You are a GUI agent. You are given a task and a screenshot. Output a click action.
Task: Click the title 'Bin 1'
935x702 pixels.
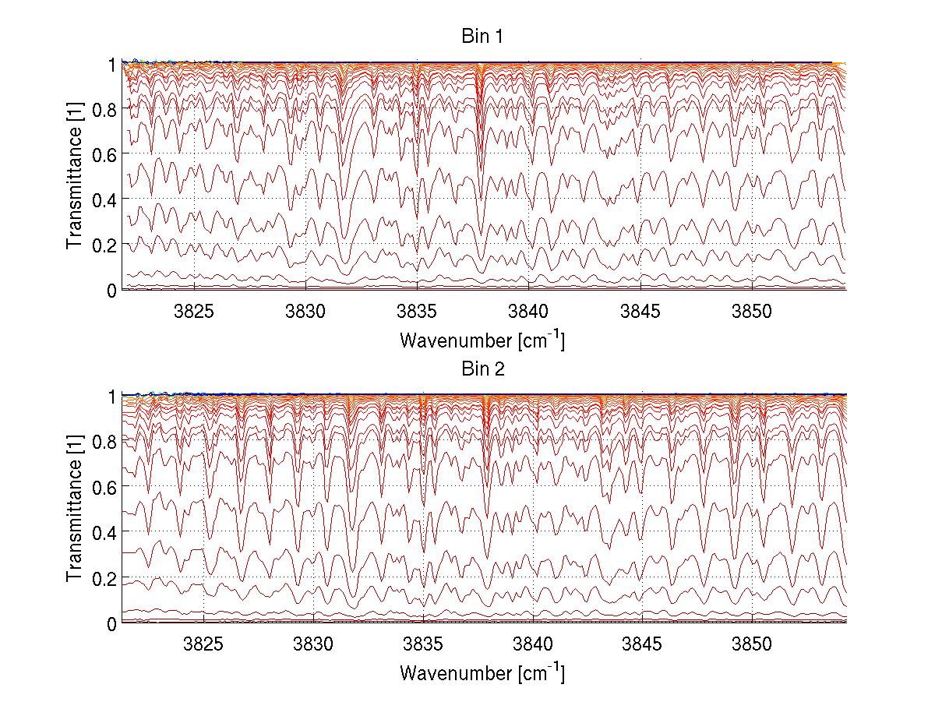pos(482,37)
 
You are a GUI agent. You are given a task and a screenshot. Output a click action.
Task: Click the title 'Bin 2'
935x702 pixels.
pos(482,369)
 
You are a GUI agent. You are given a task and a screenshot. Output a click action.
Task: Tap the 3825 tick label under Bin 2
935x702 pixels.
pos(203,645)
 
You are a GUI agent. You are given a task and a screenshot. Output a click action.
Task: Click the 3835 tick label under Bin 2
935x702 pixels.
pos(423,645)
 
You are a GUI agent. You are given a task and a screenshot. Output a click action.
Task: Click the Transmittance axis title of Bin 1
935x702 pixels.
pos(75,177)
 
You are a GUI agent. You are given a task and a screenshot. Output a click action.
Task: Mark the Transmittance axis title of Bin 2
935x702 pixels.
pos(75,510)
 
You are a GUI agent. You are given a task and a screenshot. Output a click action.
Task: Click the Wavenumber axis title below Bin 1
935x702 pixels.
pos(482,340)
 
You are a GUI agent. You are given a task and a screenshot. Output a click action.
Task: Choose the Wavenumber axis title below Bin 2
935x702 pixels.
pos(482,673)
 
